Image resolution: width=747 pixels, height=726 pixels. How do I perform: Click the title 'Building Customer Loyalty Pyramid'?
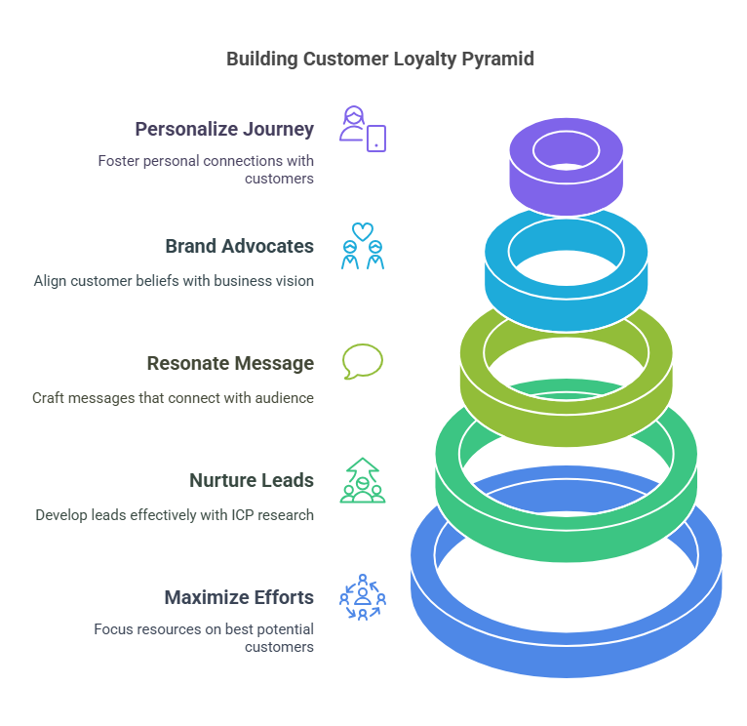379,60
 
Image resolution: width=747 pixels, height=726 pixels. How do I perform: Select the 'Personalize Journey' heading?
224,129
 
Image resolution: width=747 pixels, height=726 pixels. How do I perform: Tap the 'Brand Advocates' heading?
239,246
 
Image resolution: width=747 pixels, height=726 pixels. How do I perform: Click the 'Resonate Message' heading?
230,363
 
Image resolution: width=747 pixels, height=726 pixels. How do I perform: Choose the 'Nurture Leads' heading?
252,480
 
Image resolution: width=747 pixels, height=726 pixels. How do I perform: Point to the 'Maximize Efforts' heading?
239,597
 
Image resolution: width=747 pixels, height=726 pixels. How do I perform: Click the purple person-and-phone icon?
363,128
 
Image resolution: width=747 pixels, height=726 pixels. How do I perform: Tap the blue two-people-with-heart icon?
363,246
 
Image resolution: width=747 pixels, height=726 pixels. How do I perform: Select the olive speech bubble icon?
363,361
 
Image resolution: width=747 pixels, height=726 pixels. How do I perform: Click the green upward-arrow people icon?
363,480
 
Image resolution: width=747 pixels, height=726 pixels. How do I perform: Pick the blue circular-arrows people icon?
363,597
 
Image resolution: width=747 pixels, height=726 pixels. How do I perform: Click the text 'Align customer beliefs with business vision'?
174,281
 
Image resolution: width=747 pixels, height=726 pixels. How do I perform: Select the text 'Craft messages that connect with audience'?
173,398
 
